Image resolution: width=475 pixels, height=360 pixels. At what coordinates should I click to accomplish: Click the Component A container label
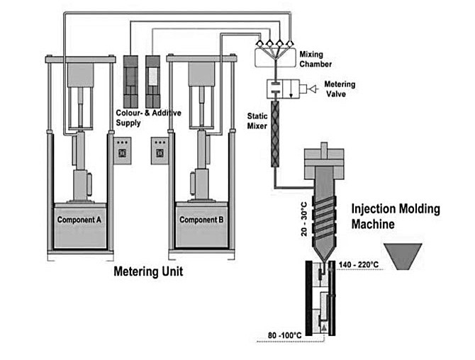point(79,219)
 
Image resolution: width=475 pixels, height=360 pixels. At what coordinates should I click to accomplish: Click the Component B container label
point(202,219)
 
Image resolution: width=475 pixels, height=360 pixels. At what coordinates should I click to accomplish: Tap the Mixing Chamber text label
point(315,59)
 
